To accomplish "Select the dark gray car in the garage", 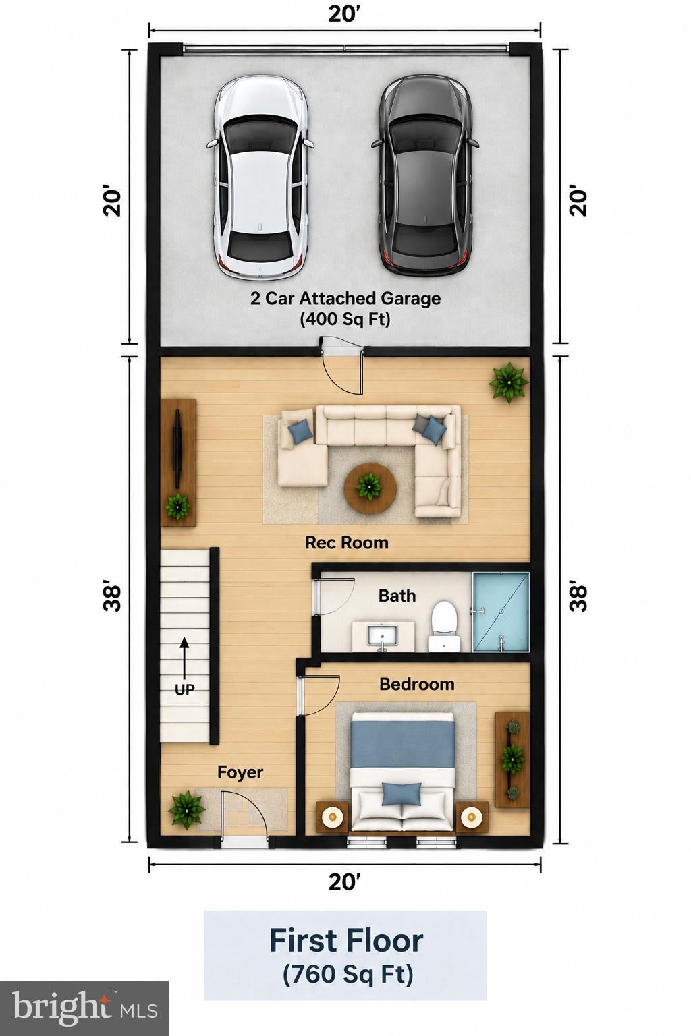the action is click(424, 176).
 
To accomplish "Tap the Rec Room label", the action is click(347, 542).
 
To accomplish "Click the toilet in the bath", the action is click(444, 626).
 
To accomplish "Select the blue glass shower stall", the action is click(501, 612).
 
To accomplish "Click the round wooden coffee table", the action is click(369, 488).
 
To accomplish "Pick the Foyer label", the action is click(240, 772).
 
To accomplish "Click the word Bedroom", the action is click(417, 685).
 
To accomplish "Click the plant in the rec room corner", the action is click(509, 382).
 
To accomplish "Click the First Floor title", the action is click(346, 941).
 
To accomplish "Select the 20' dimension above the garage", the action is click(344, 14).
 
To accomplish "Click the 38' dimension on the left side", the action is click(112, 598).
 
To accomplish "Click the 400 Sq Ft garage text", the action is click(345, 319).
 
